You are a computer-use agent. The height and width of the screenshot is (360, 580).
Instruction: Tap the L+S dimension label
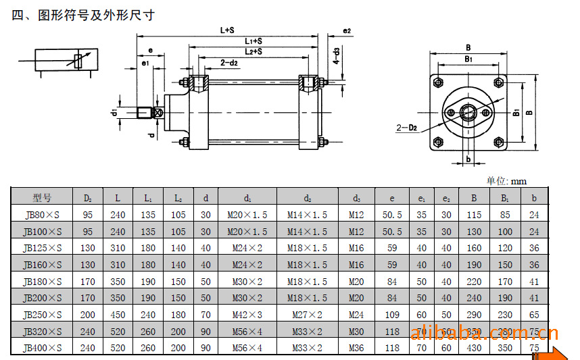227,30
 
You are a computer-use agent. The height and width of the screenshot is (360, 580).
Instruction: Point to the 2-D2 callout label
406,126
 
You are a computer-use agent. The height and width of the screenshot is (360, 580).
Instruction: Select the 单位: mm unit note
506,180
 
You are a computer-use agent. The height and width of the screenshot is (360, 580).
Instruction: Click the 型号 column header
42,198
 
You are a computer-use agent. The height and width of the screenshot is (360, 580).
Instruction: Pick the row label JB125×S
42,248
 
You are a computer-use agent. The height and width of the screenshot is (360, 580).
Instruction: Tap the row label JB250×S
42,315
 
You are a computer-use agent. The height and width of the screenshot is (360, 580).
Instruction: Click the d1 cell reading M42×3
247,315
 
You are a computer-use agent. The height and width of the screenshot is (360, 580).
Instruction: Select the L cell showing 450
118,315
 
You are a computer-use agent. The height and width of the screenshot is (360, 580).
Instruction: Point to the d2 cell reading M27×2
307,315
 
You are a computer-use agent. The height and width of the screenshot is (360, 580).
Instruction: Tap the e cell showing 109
392,315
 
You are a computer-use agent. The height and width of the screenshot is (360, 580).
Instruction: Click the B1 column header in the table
504,198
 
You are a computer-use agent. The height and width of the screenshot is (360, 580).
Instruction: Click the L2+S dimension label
253,51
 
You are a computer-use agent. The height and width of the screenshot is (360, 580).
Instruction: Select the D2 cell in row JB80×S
88,215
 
